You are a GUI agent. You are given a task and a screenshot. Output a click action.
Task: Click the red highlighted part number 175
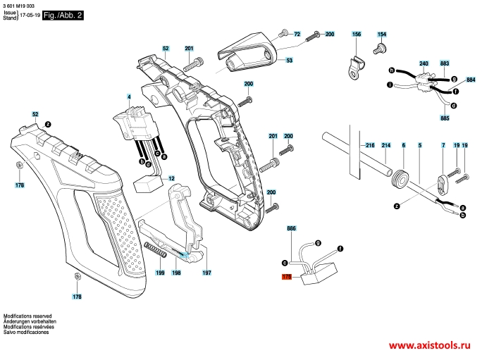(x=287, y=277)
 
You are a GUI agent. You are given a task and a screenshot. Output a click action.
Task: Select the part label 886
(x=292, y=228)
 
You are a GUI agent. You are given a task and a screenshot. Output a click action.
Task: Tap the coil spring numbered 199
(x=156, y=249)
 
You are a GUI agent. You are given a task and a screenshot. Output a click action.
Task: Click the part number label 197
(x=206, y=273)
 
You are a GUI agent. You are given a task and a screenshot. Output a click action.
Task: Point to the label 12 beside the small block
(x=171, y=178)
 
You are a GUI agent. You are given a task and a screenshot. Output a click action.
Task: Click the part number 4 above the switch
(x=129, y=97)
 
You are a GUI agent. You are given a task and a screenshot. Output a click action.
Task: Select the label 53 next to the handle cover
(x=289, y=61)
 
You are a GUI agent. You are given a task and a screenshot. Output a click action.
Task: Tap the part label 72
(x=297, y=34)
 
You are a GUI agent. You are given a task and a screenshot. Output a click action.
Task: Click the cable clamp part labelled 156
(x=357, y=68)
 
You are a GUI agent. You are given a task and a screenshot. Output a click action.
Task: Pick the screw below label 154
(x=380, y=49)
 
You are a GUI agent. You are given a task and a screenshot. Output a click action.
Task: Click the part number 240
(x=424, y=63)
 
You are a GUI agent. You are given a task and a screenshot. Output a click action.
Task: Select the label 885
(x=445, y=118)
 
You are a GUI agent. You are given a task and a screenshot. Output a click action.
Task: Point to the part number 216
(x=370, y=145)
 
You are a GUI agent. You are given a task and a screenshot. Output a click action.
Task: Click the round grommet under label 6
(x=400, y=178)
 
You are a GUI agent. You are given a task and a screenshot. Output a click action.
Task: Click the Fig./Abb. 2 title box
(x=63, y=15)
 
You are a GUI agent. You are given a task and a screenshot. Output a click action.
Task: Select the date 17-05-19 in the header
(x=30, y=15)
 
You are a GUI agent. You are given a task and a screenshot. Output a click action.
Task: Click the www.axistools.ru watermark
(x=429, y=345)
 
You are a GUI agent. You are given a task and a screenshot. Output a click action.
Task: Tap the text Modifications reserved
(x=27, y=316)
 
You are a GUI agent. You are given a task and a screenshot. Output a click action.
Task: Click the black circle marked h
(x=391, y=70)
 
